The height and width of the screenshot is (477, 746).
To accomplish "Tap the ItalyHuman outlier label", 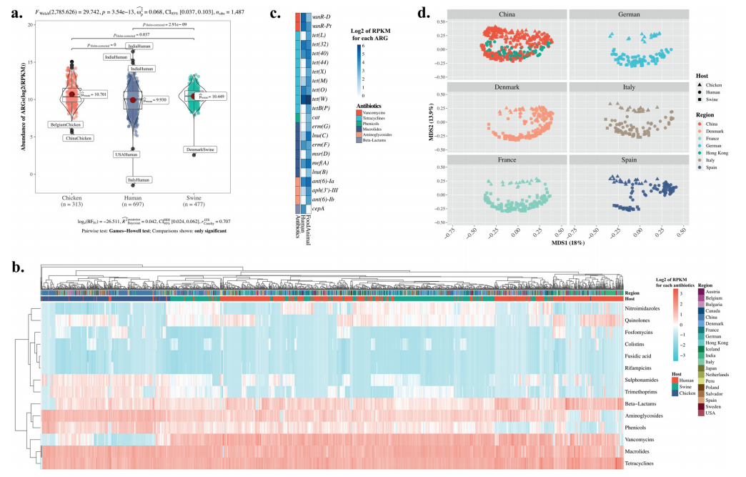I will (138, 180).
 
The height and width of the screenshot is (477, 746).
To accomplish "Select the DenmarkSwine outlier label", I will (201, 149).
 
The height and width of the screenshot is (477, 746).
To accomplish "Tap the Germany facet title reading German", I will (628, 14).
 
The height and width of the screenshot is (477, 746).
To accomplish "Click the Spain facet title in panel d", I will (628, 160).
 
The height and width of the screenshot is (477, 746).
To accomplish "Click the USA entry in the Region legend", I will (710, 413).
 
